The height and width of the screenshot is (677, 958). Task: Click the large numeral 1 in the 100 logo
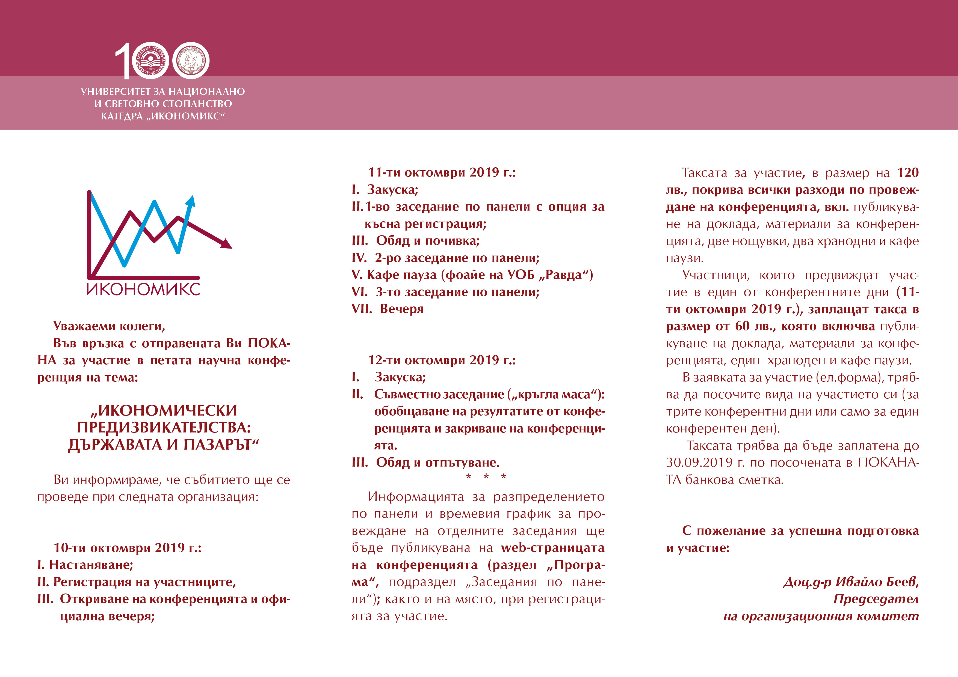(124, 61)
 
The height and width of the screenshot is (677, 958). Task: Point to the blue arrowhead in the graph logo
(191, 201)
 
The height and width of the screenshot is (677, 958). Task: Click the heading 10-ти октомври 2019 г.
(127, 547)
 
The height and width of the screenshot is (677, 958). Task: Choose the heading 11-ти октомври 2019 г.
(441, 172)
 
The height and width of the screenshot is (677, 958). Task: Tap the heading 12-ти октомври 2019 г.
(441, 360)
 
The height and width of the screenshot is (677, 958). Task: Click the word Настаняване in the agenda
(91, 565)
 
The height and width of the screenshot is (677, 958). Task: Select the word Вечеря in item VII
(402, 309)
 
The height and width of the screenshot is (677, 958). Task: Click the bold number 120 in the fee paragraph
(907, 172)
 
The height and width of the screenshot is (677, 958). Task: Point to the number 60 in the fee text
(742, 326)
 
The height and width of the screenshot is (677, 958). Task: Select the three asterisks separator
(486, 476)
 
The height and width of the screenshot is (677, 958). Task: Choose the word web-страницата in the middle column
(552, 547)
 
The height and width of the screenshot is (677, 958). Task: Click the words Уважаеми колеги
(109, 326)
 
